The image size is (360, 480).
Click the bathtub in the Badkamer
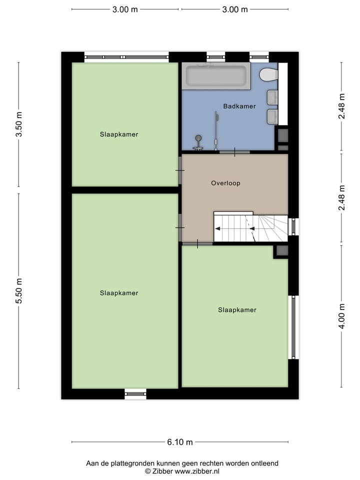(x=216, y=76)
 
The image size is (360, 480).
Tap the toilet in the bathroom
(x=269, y=74)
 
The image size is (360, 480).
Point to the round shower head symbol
(x=198, y=138)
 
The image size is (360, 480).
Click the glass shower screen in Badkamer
(x=216, y=130)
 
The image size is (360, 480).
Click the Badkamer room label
(x=239, y=106)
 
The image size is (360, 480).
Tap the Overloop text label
(x=225, y=183)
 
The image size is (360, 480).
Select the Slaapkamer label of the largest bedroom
(x=118, y=293)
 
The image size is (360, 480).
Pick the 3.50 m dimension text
(x=19, y=124)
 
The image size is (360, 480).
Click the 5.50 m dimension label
(x=19, y=290)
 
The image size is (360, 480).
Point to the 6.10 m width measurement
(x=180, y=442)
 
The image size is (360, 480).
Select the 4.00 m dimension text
(x=341, y=316)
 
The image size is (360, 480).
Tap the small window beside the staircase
(x=294, y=226)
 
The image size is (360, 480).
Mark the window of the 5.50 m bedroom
(x=135, y=394)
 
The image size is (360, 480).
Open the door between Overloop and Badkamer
(x=234, y=151)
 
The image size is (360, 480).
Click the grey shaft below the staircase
(x=281, y=251)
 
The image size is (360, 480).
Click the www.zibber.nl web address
(x=196, y=471)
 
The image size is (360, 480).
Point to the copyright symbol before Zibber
(x=147, y=471)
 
